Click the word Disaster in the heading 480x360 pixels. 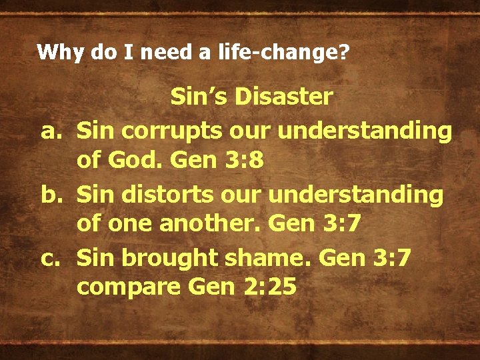pyautogui.click(x=291, y=97)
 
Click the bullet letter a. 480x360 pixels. pyautogui.click(x=52, y=131)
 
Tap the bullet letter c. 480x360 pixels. pyautogui.click(x=52, y=257)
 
